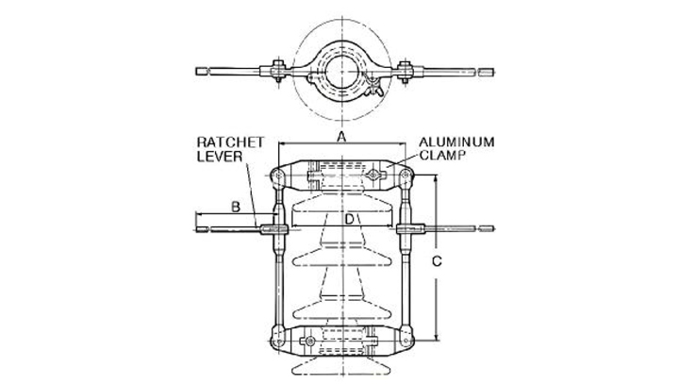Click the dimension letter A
click(x=342, y=137)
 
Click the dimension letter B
click(x=236, y=207)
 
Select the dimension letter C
click(x=438, y=261)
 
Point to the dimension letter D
click(x=349, y=219)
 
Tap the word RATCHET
click(x=230, y=142)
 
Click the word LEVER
click(x=220, y=157)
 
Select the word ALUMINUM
click(x=456, y=142)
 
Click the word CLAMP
click(x=442, y=155)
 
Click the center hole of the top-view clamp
click(x=342, y=72)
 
